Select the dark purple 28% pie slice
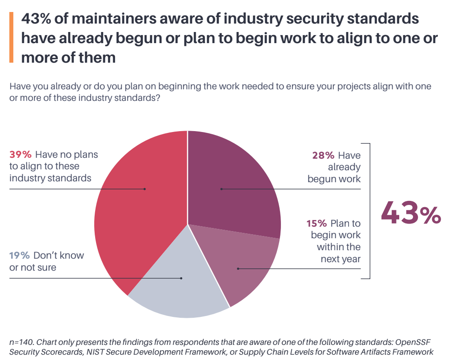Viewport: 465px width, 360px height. (240, 178)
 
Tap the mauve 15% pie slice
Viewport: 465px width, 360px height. (249, 267)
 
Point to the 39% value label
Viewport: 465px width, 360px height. (20, 155)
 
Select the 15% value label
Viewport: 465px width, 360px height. (317, 223)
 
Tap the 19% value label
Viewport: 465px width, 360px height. (20, 256)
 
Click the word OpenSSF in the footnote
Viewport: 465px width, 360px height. (415, 342)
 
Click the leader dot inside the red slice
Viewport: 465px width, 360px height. (145, 189)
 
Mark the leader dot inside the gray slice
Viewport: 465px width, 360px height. (181, 278)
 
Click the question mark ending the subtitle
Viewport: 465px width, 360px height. (157, 98)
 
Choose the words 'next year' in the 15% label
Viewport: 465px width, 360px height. (341, 259)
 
